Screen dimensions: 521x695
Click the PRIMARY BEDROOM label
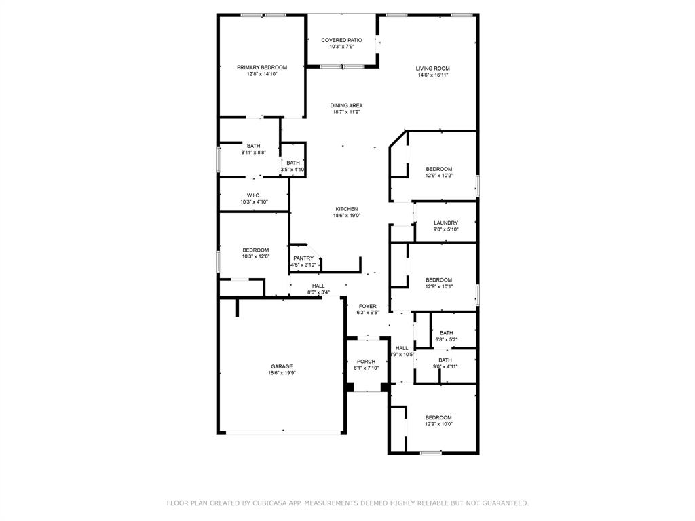[261, 67]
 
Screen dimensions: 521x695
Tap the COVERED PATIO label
[341, 40]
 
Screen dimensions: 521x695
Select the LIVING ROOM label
[432, 68]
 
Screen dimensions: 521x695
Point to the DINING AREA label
[346, 105]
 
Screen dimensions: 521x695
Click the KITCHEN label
[346, 209]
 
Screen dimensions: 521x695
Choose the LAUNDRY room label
[445, 223]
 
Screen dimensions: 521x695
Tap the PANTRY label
[303, 258]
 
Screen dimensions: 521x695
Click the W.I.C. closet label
[254, 195]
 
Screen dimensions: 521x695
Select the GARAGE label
[282, 366]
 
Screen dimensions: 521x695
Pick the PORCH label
[366, 361]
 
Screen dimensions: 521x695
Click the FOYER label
[367, 306]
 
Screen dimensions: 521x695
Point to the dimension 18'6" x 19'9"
[282, 373]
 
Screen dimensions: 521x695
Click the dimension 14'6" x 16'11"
[432, 75]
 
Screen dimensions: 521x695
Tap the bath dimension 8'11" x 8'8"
[253, 153]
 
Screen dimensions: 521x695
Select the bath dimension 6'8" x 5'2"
[446, 339]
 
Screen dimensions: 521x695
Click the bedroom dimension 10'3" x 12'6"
[256, 256]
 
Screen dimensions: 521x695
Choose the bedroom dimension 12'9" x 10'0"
[438, 424]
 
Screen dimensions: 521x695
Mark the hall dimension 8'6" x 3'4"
[318, 292]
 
